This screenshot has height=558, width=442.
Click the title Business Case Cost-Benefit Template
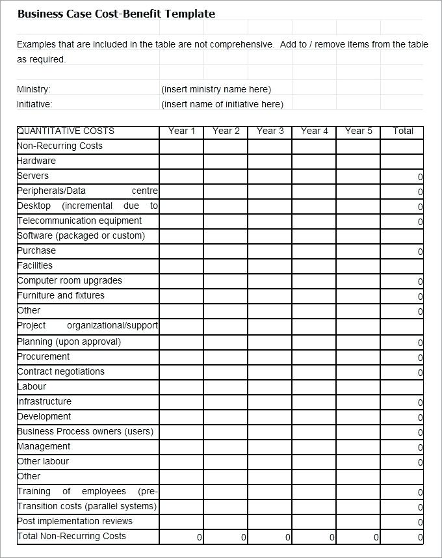[x=116, y=14]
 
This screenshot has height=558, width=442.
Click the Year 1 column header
[x=181, y=131]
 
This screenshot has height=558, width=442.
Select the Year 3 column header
[x=270, y=131]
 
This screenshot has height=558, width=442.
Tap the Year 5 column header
[x=358, y=131]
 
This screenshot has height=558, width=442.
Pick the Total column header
[x=402, y=131]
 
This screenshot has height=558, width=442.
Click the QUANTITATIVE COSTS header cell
[x=66, y=131]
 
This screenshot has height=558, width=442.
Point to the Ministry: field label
[x=34, y=89]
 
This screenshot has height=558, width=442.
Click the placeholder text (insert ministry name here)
[x=216, y=89]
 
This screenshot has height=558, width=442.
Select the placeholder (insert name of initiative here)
[x=222, y=104]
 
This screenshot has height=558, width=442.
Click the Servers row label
[x=33, y=176]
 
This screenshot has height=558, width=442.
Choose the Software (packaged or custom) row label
[x=81, y=235]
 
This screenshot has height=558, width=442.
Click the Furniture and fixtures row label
[x=60, y=295]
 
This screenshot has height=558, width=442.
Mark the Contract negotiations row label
[x=60, y=371]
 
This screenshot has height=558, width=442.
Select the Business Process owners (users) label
[x=85, y=431]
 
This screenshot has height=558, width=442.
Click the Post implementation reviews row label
[x=75, y=521]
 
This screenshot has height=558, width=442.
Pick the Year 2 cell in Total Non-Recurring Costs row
[x=226, y=537]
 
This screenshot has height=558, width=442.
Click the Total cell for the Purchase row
[x=402, y=251]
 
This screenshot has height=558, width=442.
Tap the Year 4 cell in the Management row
[x=314, y=447]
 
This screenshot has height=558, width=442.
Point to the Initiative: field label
[x=34, y=104]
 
